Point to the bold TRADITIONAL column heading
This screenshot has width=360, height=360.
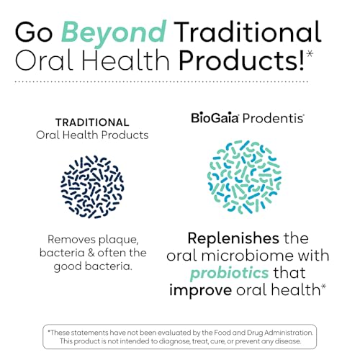93,122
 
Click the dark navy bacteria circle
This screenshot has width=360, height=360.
93,184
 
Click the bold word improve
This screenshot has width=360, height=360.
202,289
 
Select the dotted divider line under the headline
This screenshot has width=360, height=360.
180,83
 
